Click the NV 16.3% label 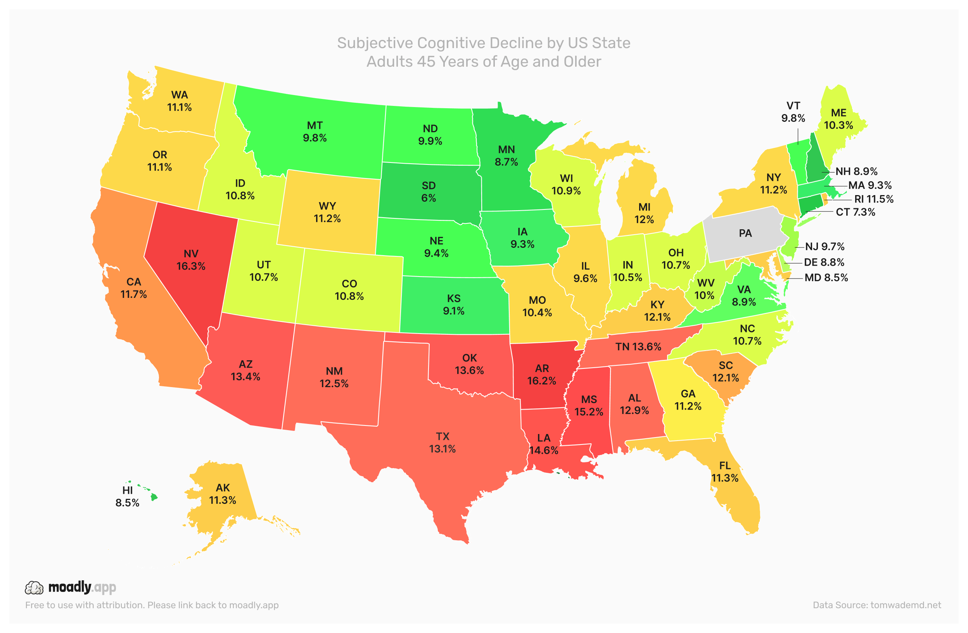[191, 260]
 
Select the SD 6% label [429, 192]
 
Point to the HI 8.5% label [127, 496]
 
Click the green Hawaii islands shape [153, 497]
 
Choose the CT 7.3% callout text [855, 212]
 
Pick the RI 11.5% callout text [874, 199]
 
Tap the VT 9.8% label [793, 112]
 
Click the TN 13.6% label [638, 347]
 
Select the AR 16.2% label [542, 374]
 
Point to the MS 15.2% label [589, 405]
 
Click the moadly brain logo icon [34, 588]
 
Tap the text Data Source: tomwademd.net [876, 605]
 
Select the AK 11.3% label [223, 493]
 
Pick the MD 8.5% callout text [826, 277]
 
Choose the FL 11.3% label [725, 472]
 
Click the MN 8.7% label [506, 156]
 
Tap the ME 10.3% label [838, 119]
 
